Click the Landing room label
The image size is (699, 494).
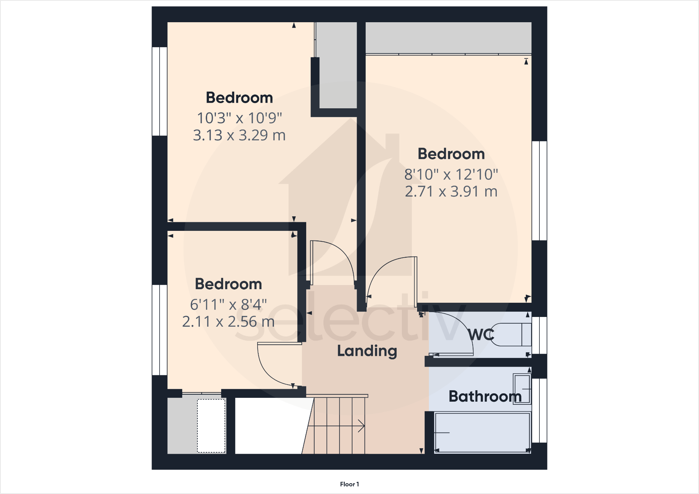(367, 351)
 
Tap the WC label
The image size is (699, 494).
(481, 335)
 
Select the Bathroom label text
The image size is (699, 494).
(485, 396)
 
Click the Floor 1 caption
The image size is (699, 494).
(349, 484)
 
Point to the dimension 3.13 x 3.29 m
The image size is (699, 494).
(239, 135)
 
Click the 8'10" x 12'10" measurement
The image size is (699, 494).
(451, 175)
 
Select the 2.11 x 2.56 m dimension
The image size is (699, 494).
(228, 322)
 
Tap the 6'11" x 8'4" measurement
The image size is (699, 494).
(228, 305)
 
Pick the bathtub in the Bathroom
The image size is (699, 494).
(482, 433)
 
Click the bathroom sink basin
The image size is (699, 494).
(522, 389)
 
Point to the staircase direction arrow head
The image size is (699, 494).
(361, 426)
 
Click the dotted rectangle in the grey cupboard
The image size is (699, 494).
(211, 426)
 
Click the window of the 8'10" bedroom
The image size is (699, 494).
(539, 191)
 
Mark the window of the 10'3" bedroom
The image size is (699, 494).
(160, 91)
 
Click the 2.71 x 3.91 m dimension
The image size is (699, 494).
(451, 192)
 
